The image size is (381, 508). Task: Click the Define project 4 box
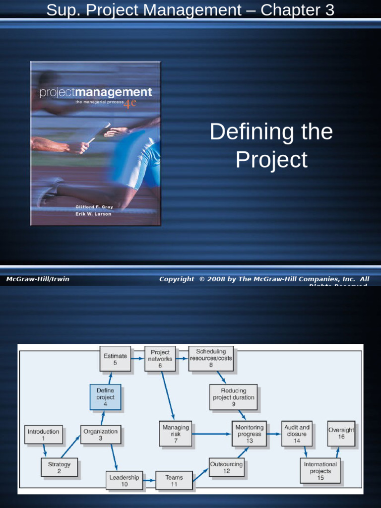(x=105, y=397)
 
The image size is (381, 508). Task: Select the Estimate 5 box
(x=115, y=359)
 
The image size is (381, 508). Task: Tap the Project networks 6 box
(x=160, y=359)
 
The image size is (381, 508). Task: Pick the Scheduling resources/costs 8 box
(x=211, y=358)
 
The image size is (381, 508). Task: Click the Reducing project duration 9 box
(x=234, y=397)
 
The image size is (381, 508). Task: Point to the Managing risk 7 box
(x=176, y=434)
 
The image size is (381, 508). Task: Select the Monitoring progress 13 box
(x=249, y=434)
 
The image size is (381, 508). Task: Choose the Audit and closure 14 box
(x=297, y=434)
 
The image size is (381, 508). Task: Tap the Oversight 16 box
(x=341, y=434)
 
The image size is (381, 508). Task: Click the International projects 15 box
(x=320, y=471)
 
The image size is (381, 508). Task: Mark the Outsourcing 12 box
(x=227, y=467)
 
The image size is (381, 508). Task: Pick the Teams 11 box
(x=174, y=481)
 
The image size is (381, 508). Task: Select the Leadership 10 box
(x=125, y=481)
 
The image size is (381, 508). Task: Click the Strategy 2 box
(x=59, y=467)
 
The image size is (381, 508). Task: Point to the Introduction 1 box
(x=43, y=435)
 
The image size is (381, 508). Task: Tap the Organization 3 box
(x=101, y=435)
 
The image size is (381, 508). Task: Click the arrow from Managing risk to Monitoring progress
(x=211, y=434)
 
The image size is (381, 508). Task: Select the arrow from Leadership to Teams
(x=149, y=481)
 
